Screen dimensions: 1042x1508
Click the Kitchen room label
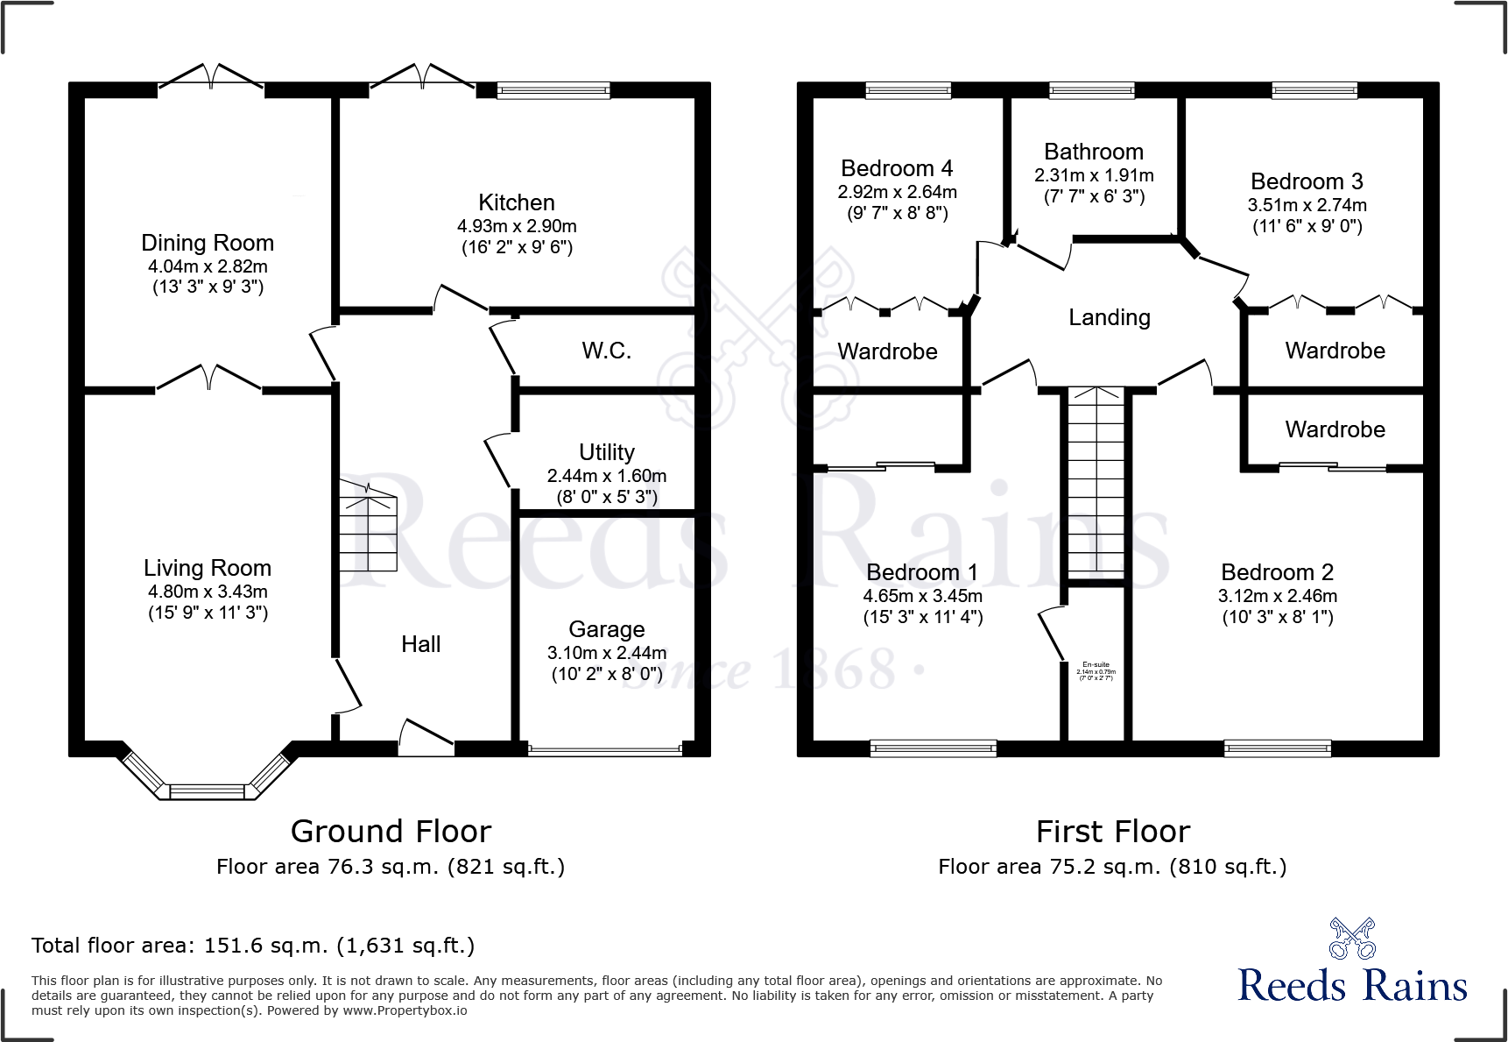[x=516, y=202]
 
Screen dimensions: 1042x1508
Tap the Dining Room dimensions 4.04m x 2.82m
[x=208, y=266]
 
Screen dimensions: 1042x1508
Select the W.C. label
[x=606, y=351]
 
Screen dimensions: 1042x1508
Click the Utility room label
[x=606, y=452]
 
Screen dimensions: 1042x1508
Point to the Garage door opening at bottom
[x=605, y=750]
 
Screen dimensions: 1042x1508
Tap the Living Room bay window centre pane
[x=208, y=791]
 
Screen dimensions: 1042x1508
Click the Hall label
[x=420, y=644]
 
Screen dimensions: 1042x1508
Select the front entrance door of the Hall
[x=426, y=737]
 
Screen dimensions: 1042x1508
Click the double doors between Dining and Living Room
[x=208, y=379]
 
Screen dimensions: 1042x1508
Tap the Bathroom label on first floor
[x=1094, y=152]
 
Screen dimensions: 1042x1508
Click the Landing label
[x=1109, y=317]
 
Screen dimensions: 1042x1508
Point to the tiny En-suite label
[x=1096, y=665]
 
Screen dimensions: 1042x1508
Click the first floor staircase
[x=1095, y=482]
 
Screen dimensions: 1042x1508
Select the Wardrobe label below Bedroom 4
[x=887, y=351]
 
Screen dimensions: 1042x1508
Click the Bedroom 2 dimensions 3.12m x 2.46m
[x=1277, y=596]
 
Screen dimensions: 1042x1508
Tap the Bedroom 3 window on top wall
[x=1314, y=89]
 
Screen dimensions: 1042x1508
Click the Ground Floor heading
[x=391, y=831]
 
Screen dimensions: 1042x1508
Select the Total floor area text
[x=253, y=946]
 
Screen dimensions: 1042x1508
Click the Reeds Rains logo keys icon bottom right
[x=1352, y=939]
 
